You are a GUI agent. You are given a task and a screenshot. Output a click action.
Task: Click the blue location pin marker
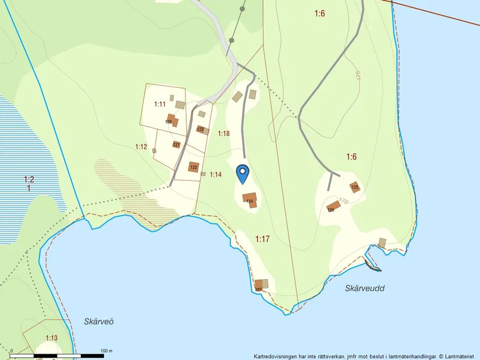click(243, 173)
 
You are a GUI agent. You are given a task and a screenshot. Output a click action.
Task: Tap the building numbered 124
click(249, 198)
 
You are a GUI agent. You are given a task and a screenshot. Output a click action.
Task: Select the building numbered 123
click(193, 167)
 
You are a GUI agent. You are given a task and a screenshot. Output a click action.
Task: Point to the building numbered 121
click(176, 145)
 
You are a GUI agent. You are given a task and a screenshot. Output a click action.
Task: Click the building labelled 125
click(355, 187)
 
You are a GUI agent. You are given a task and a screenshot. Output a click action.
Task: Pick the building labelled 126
click(333, 207)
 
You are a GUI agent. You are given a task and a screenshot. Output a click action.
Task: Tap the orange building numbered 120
click(172, 120)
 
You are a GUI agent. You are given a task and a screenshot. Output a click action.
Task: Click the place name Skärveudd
click(364, 288)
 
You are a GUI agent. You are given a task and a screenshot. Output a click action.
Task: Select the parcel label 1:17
click(263, 238)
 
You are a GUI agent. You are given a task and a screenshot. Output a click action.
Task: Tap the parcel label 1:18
click(224, 134)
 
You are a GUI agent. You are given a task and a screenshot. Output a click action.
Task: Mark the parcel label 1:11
click(160, 104)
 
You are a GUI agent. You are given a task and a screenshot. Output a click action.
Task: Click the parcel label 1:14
click(216, 174)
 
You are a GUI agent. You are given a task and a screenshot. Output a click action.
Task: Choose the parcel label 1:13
click(51, 338)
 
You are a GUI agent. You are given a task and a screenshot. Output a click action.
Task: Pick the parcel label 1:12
click(141, 147)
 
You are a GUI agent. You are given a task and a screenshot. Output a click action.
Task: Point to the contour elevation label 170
click(343, 202)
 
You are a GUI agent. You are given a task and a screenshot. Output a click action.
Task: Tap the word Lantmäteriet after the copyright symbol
click(461, 356)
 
